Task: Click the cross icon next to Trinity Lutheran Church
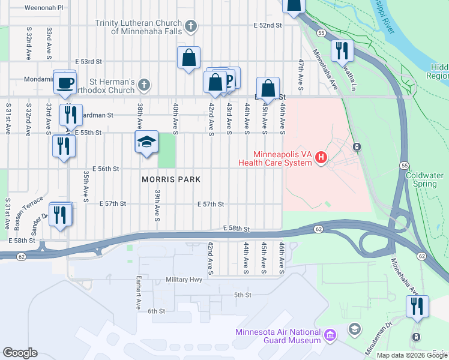click(x=190, y=26)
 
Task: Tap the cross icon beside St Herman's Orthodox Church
click(x=143, y=84)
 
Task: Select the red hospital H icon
click(x=321, y=158)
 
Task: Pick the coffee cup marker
click(x=65, y=83)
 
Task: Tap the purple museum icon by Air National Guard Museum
click(x=329, y=334)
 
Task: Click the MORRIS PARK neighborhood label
click(x=170, y=179)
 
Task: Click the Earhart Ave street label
click(x=139, y=291)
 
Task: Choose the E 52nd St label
click(x=268, y=25)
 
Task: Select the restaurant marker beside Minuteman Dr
click(x=416, y=306)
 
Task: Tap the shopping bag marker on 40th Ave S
click(x=188, y=59)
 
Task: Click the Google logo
click(x=20, y=353)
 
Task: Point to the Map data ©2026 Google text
click(x=412, y=355)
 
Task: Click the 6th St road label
click(x=156, y=311)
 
